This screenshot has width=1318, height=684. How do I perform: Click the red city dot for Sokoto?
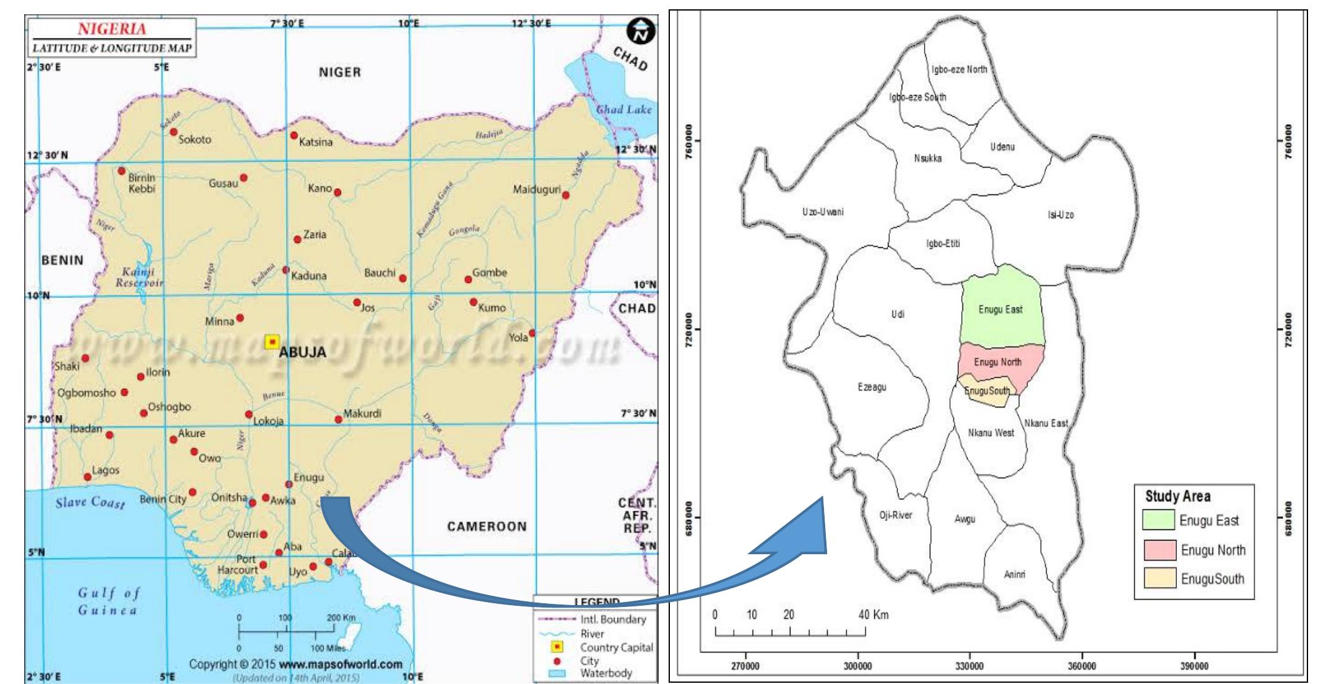[174, 132]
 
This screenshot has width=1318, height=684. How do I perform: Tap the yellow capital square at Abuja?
[272, 342]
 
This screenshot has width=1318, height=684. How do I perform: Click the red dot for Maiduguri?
[565, 195]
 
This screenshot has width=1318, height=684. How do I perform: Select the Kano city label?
[320, 188]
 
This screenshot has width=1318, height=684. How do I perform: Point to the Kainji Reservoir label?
[139, 277]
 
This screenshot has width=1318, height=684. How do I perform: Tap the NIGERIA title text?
[112, 29]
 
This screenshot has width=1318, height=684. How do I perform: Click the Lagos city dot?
[88, 477]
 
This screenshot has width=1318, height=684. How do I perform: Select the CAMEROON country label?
[487, 526]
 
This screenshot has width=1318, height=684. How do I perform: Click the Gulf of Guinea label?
[109, 601]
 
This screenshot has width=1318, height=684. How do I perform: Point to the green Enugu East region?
[1000, 309]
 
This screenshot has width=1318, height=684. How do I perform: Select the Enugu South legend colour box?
[1159, 578]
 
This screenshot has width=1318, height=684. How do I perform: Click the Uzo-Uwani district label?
[823, 212]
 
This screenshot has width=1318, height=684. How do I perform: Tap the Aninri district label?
[1015, 575]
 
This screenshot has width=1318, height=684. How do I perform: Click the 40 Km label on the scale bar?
[873, 615]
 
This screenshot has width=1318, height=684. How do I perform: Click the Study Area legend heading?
[1177, 496]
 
